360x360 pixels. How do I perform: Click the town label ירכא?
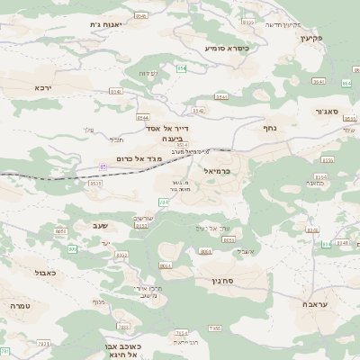coord(44,87)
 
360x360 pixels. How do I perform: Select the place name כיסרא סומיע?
coord(226,47)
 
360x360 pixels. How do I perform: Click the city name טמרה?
coord(20,306)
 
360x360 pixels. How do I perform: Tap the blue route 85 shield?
coord(103,166)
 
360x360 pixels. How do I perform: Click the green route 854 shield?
coord(181,68)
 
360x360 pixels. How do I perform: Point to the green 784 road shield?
coord(162,202)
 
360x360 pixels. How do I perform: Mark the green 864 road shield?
coord(347,83)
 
